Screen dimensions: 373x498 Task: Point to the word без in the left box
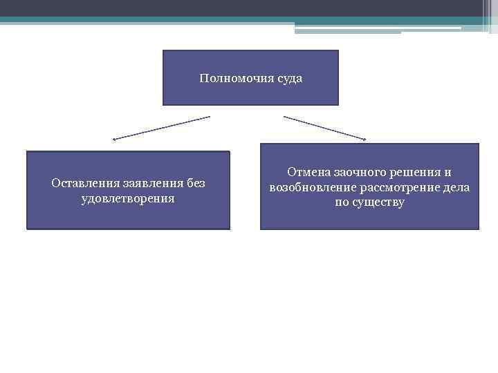tap(195, 184)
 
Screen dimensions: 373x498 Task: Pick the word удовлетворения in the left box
tap(128, 198)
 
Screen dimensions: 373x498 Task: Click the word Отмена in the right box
tap(307, 173)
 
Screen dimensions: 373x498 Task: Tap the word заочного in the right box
tap(361, 173)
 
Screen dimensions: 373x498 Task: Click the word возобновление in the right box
tap(310, 188)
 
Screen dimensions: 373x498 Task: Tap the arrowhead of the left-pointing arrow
tap(114, 140)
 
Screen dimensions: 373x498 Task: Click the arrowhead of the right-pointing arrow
tap(365, 140)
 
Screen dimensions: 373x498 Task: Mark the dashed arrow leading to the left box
tap(162, 128)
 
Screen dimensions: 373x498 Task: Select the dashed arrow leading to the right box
tap(324, 128)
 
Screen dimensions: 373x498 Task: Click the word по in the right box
tap(342, 203)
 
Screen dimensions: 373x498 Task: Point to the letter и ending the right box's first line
tap(448, 173)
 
